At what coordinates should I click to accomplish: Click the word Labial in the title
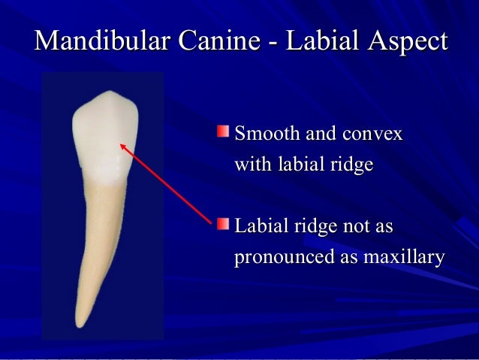(x=321, y=41)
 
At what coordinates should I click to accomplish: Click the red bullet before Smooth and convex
(x=223, y=133)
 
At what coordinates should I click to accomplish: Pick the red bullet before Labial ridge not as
(x=223, y=223)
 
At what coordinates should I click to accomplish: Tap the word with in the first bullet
(x=251, y=165)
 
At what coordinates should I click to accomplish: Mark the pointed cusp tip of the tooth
(x=111, y=93)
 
